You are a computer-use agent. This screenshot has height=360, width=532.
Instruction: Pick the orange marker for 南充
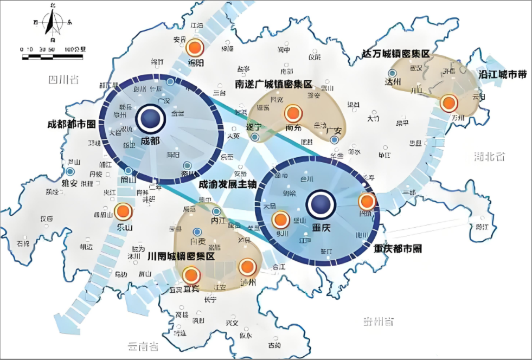(x=293, y=113)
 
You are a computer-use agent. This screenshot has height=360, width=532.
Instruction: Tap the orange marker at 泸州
(x=247, y=267)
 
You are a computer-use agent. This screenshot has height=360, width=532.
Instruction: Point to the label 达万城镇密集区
(x=396, y=54)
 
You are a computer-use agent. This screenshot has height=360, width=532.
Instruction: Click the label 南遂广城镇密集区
(x=274, y=85)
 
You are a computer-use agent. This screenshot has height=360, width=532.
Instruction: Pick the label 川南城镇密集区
(x=181, y=256)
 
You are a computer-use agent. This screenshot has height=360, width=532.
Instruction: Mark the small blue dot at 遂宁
(x=254, y=137)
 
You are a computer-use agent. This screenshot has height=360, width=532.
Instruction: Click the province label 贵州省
(x=379, y=322)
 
